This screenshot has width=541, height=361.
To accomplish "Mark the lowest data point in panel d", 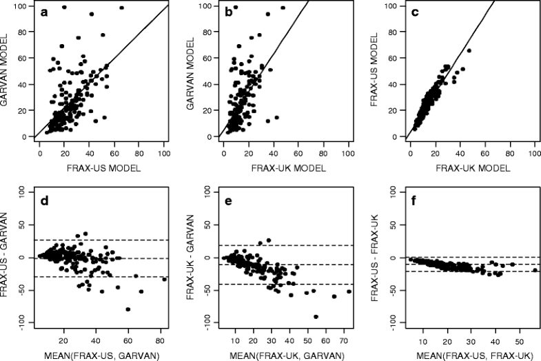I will [128, 309].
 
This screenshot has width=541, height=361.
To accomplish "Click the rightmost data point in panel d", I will [164, 279].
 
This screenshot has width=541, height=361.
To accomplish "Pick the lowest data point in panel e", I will [316, 316].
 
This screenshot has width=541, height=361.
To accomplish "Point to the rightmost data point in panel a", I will [122, 8].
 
